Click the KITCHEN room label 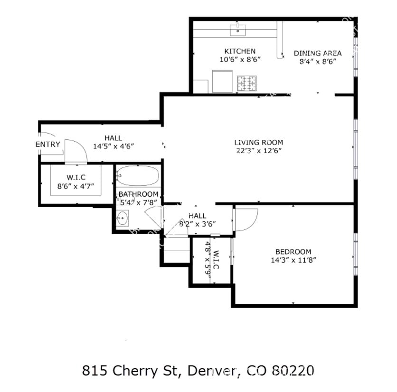(x=240, y=51)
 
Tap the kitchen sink (x=238, y=30)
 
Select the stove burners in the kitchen (x=247, y=83)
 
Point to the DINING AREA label (x=318, y=54)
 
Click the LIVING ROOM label (x=258, y=143)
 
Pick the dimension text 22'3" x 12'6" (x=259, y=151)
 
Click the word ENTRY (x=48, y=144)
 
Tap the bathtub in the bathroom (x=138, y=176)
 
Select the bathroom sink (x=123, y=218)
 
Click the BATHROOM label (x=139, y=194)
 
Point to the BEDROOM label (x=293, y=252)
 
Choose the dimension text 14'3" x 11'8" (x=293, y=260)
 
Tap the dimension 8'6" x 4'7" (x=76, y=187)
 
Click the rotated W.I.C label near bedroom (x=216, y=260)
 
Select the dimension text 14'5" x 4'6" (x=113, y=146)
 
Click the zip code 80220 (x=293, y=371)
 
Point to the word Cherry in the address (x=135, y=371)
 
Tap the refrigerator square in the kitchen (x=222, y=82)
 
